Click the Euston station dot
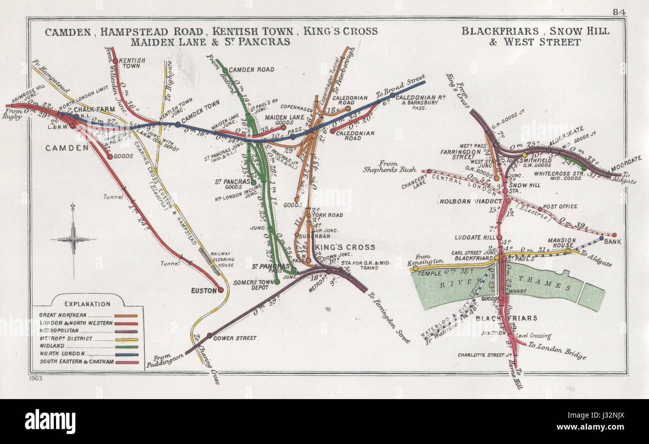click(x=220, y=290)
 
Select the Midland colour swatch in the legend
click(x=127, y=346)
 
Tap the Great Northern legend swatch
click(x=127, y=315)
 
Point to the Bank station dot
click(x=614, y=235)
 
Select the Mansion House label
click(x=562, y=243)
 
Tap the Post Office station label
click(x=560, y=207)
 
